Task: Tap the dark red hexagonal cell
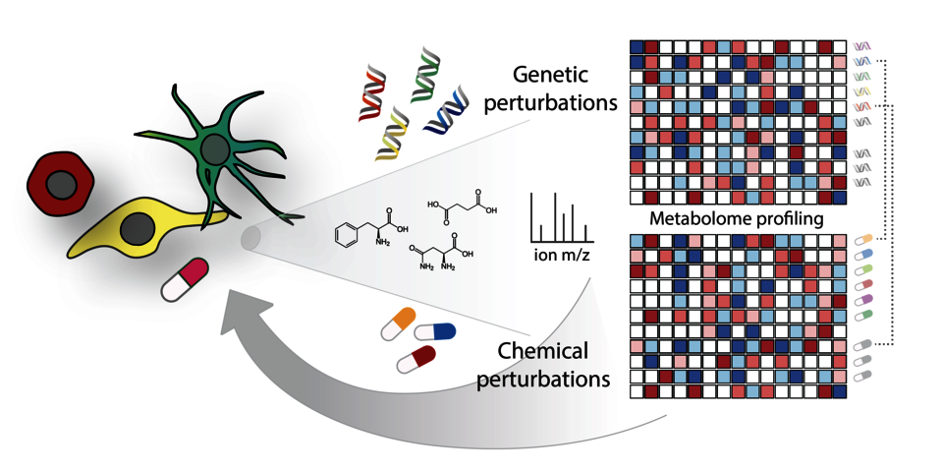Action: [61, 183]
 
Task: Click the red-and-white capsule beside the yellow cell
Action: [185, 279]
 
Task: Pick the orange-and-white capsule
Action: [398, 323]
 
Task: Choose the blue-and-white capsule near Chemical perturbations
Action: [434, 332]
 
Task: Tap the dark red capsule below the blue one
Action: [416, 359]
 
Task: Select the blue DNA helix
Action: [446, 114]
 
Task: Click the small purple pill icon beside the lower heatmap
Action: [863, 300]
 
